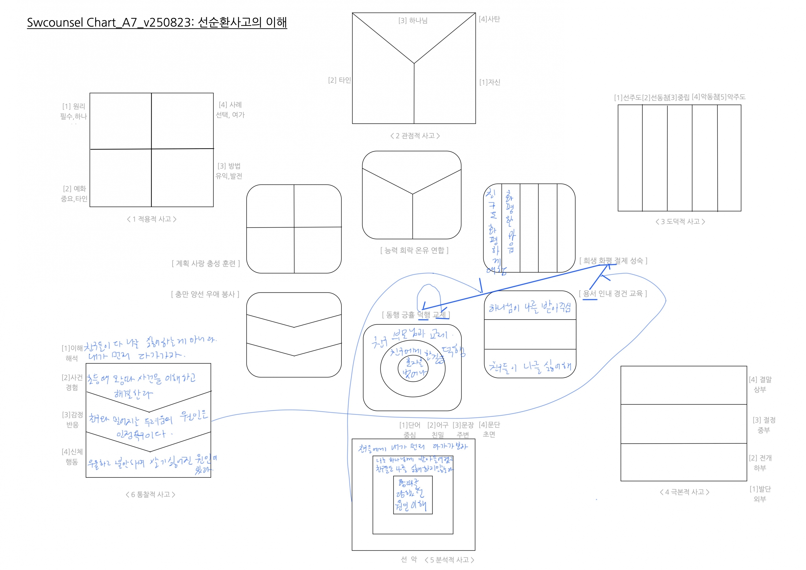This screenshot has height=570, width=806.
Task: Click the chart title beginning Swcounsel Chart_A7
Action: (157, 23)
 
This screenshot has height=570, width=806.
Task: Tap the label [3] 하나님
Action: (413, 21)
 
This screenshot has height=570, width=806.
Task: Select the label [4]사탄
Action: (489, 19)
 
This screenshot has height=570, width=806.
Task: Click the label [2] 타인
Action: (340, 80)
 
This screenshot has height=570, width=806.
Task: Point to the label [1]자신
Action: (490, 82)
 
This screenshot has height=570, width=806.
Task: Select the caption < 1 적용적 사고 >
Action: (152, 219)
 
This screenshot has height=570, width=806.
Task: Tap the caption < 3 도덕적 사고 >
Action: (680, 222)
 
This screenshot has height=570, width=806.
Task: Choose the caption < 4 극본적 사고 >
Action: (685, 492)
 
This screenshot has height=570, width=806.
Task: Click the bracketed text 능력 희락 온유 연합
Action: (414, 250)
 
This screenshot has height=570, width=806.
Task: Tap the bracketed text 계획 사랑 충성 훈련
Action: (206, 264)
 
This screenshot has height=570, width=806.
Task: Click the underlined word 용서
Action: (589, 294)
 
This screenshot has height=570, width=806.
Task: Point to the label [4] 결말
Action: (760, 380)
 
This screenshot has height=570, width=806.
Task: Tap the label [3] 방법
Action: (229, 166)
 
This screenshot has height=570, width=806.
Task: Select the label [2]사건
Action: (72, 378)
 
